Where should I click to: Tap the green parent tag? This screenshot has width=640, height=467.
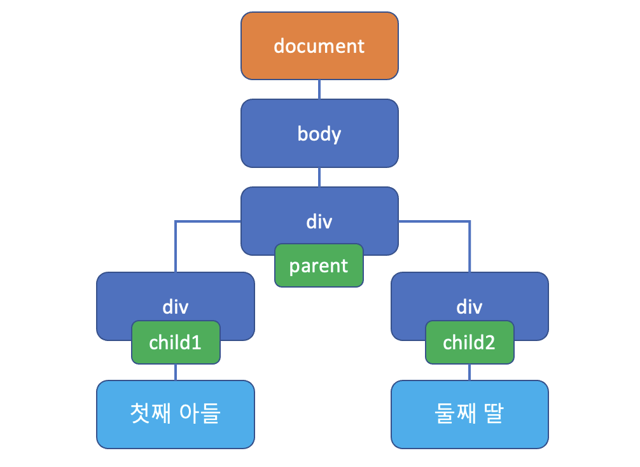[x=319, y=265]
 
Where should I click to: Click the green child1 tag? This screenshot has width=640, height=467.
[x=175, y=342]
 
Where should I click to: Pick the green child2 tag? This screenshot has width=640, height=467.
[x=469, y=342]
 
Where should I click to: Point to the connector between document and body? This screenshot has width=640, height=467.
[x=319, y=89]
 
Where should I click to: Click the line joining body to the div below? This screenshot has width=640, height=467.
[x=319, y=177]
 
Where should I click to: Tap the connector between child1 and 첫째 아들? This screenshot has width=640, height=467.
[x=176, y=372]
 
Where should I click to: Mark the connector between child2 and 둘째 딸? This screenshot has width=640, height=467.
[x=470, y=372]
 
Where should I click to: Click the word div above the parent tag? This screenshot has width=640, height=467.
[x=319, y=222]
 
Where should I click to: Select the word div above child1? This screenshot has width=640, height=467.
[x=176, y=307]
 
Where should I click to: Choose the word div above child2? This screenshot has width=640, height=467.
[x=470, y=307]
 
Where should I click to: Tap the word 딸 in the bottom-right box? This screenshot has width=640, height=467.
[x=493, y=414]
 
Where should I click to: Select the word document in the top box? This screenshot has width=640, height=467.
[x=319, y=46]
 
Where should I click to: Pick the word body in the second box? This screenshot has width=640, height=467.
[x=319, y=134]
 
